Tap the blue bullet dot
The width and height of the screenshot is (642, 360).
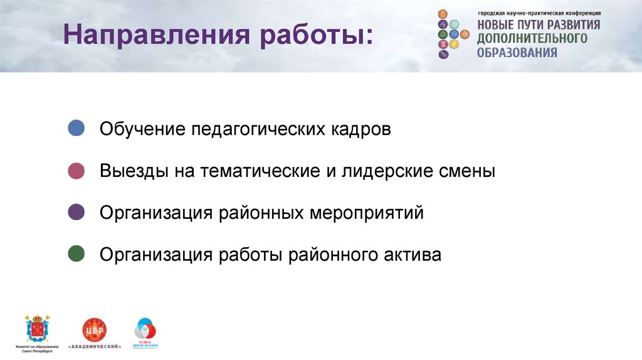click(76, 129)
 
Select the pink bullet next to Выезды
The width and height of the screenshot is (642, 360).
click(76, 171)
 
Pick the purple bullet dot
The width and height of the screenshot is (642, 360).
click(76, 213)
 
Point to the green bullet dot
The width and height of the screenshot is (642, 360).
click(76, 255)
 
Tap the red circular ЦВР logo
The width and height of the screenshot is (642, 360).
click(95, 329)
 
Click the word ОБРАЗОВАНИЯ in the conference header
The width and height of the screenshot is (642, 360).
click(517, 53)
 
